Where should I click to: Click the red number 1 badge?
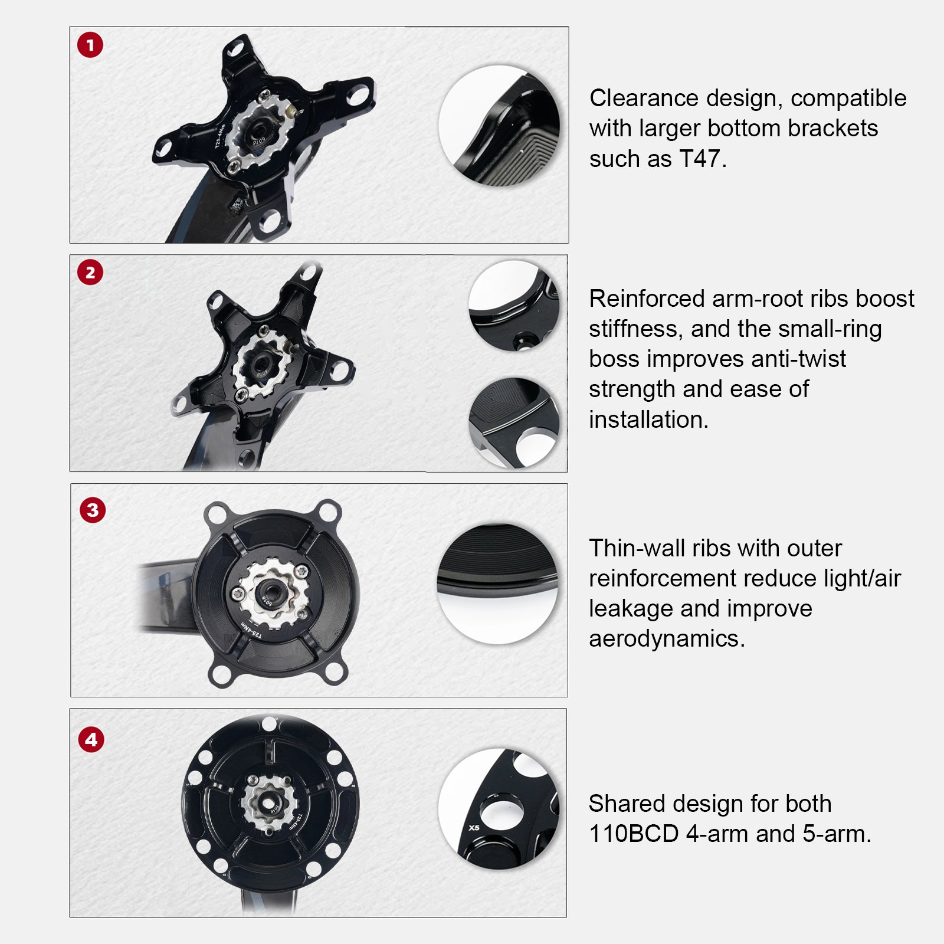pyautogui.click(x=90, y=45)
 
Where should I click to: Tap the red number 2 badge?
pyautogui.click(x=90, y=273)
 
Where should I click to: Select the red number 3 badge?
pyautogui.click(x=93, y=510)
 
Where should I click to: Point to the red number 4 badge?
pyautogui.click(x=91, y=739)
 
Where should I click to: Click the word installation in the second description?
pyautogui.click(x=648, y=419)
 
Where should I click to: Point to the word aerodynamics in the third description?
pyautogui.click(x=667, y=638)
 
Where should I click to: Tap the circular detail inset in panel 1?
pyautogui.click(x=500, y=126)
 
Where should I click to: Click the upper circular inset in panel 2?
pyautogui.click(x=513, y=306)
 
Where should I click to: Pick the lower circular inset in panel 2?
pyautogui.click(x=513, y=423)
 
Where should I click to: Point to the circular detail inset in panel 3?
pyautogui.click(x=497, y=583)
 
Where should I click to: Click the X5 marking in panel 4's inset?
pyautogui.click(x=474, y=828)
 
